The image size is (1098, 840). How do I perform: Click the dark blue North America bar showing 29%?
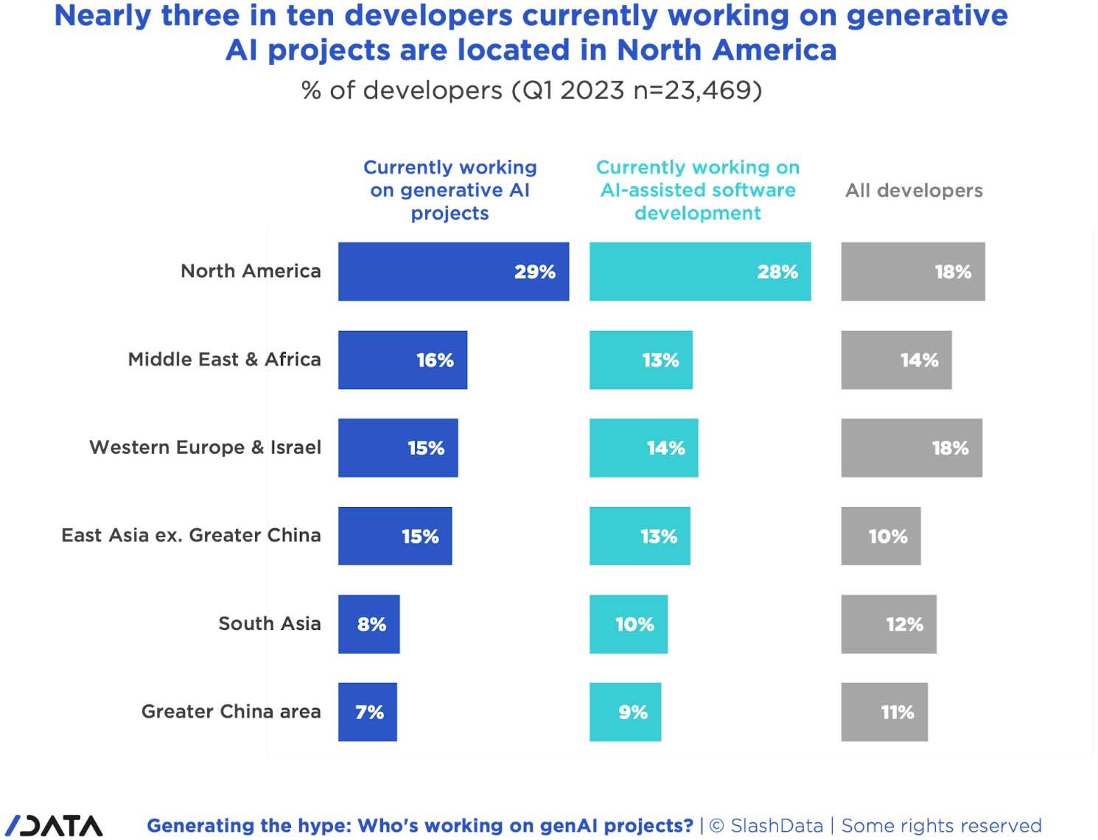pyautogui.click(x=453, y=271)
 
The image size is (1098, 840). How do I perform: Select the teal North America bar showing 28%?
pyautogui.click(x=699, y=271)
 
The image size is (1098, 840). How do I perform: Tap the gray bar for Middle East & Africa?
pyautogui.click(x=896, y=360)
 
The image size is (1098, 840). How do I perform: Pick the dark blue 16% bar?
pyautogui.click(x=402, y=360)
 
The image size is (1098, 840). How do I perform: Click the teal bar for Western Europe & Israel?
pyautogui.click(x=643, y=447)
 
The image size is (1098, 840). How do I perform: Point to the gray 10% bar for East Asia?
pyautogui.click(x=881, y=536)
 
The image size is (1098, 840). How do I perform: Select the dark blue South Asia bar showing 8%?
pyautogui.click(x=368, y=623)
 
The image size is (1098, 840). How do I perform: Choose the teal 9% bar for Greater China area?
pyautogui.click(x=625, y=712)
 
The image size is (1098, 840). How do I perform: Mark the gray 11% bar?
pyautogui.click(x=884, y=712)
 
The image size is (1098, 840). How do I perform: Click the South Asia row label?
pyautogui.click(x=269, y=623)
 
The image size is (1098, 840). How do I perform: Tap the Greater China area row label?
pyautogui.click(x=231, y=711)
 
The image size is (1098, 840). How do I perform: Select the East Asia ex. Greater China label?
pyautogui.click(x=191, y=535)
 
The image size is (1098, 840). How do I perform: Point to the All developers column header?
pyautogui.click(x=914, y=190)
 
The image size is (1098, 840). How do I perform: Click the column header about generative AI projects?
pyautogui.click(x=450, y=190)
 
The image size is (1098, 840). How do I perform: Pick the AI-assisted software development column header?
pyautogui.click(x=698, y=190)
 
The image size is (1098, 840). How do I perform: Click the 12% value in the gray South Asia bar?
pyautogui.click(x=904, y=624)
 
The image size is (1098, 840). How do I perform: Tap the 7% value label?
pyautogui.click(x=369, y=713)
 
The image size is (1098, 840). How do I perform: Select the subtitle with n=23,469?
pyautogui.click(x=531, y=90)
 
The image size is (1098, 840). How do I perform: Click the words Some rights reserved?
pyautogui.click(x=941, y=825)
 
